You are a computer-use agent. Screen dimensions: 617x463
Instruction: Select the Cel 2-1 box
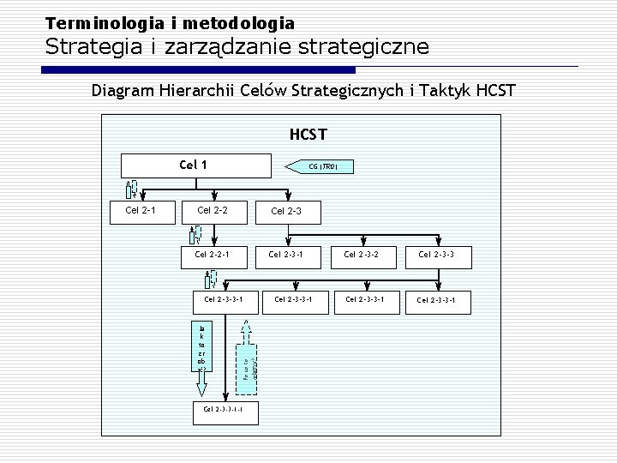coord(139,210)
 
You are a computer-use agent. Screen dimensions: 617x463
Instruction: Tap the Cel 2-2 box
coord(212,210)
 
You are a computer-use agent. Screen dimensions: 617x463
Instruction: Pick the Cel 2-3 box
coord(285,211)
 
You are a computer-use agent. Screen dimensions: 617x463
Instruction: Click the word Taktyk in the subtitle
coord(452,90)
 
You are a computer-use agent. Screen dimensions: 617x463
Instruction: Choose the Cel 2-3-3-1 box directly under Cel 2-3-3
coord(435,299)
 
